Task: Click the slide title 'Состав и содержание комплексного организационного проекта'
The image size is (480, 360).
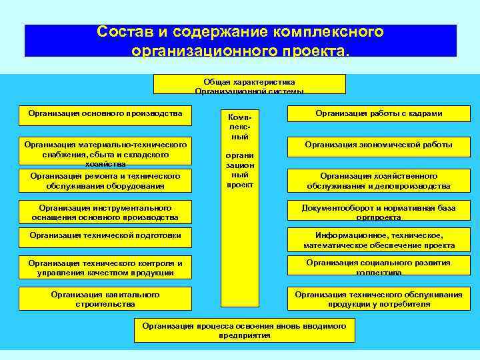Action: (240, 41)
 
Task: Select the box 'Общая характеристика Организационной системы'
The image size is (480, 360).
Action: (249, 84)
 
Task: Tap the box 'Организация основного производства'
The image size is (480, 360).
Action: (105, 113)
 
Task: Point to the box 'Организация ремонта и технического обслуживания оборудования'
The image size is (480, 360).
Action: (105, 180)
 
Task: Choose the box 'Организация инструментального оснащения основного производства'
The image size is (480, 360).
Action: (105, 212)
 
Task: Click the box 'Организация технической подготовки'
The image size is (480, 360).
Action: (105, 235)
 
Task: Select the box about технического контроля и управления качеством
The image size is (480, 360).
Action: (105, 267)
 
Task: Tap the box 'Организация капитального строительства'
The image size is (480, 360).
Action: (105, 299)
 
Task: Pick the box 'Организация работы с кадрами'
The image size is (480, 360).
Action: (379, 114)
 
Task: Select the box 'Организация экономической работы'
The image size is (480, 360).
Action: (379, 145)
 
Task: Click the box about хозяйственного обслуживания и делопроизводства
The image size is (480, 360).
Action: (379, 181)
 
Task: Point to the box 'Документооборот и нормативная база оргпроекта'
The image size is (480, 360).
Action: (379, 212)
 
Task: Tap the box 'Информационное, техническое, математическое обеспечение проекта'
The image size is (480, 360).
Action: (379, 240)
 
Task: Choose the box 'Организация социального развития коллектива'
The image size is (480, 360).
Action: (379, 267)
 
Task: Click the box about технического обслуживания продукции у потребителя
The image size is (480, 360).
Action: (379, 299)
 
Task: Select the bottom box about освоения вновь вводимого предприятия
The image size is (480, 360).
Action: (245, 330)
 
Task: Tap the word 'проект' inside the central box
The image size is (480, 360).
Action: (239, 185)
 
